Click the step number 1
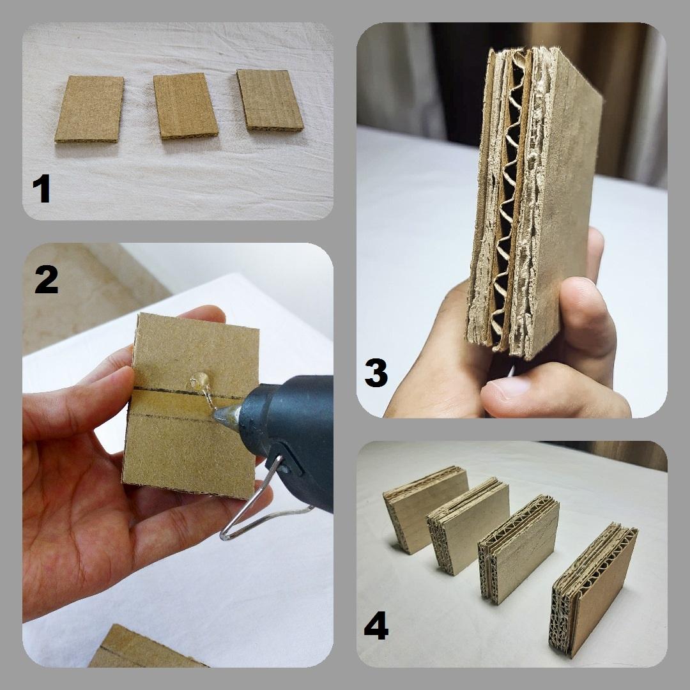[42, 188]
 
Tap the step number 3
[376, 373]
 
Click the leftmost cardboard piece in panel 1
[90, 109]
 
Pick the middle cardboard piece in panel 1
[185, 106]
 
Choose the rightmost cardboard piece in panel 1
[270, 100]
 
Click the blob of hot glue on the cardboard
[200, 381]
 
